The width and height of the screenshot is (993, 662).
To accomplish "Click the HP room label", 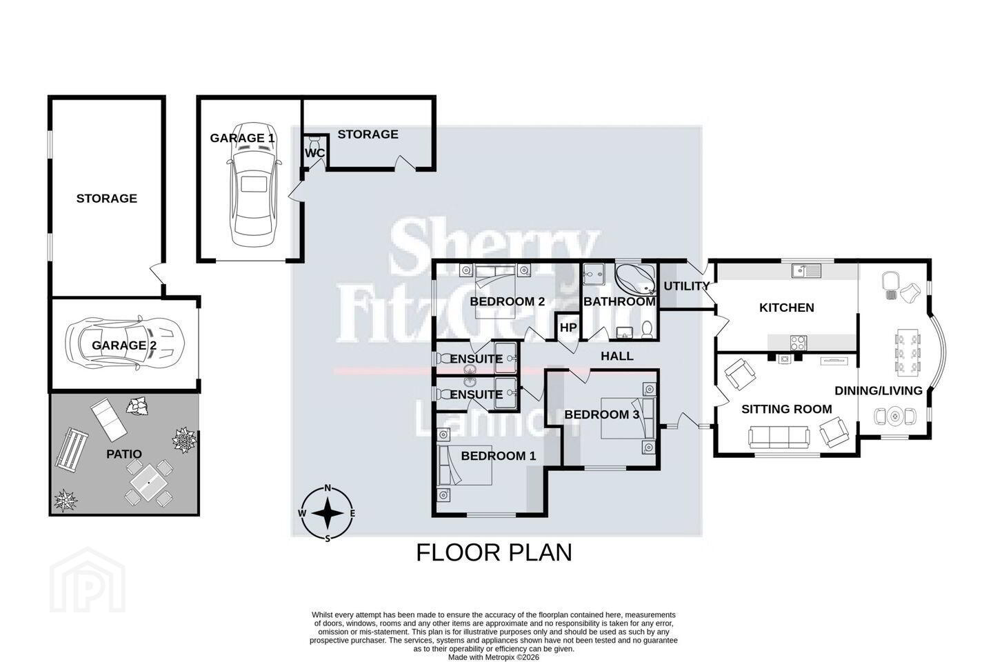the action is click(x=568, y=328).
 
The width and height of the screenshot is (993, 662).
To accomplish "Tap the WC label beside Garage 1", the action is click(x=314, y=153).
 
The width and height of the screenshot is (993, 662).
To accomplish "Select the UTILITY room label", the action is click(x=686, y=286).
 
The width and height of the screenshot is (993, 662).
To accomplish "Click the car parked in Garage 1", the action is click(x=254, y=185).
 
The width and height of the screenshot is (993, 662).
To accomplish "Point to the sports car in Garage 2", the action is click(x=125, y=343).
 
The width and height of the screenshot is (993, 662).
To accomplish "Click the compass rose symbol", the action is click(x=328, y=513).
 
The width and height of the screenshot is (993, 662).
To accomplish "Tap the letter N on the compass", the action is click(x=328, y=488).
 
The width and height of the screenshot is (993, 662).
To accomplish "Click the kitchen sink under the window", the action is click(x=806, y=270).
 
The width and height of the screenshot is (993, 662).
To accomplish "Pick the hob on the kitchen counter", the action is click(x=798, y=343).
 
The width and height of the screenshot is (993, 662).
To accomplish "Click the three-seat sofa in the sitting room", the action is click(x=779, y=437).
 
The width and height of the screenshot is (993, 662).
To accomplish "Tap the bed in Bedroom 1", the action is click(x=465, y=465).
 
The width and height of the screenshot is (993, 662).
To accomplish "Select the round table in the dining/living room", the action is click(x=895, y=416).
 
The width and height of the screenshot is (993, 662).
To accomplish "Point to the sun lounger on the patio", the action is click(x=109, y=419).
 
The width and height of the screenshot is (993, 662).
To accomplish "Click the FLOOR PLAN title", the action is click(x=494, y=552).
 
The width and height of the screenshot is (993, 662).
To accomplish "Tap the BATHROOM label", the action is click(x=619, y=301).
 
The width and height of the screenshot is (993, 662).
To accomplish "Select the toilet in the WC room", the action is click(x=315, y=143).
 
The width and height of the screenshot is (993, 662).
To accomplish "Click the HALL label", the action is click(x=617, y=356).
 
